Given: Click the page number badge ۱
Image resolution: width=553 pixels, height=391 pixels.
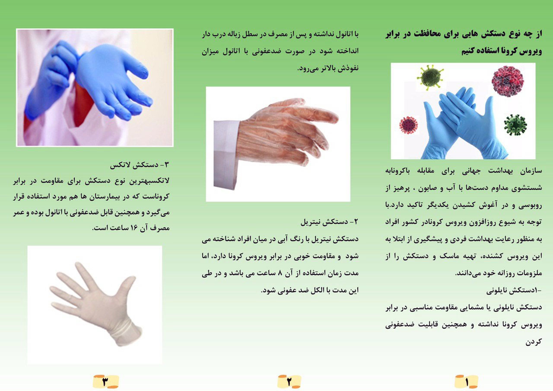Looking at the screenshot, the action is coord(466,381).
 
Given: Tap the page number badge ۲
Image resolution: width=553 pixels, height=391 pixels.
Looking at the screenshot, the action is coord(289,381).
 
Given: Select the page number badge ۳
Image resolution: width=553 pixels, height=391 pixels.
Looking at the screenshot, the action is coord(106,381).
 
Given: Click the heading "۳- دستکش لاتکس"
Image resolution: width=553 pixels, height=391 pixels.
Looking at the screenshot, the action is coord(140,165).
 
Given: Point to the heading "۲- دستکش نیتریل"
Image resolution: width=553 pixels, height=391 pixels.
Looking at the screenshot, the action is coord(329,222).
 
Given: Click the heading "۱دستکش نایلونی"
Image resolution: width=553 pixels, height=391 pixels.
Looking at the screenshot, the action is coord(514,291).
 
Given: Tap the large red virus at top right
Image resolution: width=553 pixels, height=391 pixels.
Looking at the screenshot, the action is coord(507,80).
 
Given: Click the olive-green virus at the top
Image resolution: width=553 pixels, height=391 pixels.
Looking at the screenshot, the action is coord(430,77).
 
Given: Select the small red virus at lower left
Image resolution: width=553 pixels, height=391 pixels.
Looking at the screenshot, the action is coord(409,125).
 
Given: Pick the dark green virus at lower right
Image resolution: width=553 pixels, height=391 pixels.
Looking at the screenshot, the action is coord(515,125).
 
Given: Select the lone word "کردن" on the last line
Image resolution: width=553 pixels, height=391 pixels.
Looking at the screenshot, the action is coord(534,342).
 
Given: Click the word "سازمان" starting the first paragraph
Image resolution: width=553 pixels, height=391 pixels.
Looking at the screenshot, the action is coord(531,171).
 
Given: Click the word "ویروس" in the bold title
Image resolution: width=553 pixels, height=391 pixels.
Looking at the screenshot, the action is coord(530,51).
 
